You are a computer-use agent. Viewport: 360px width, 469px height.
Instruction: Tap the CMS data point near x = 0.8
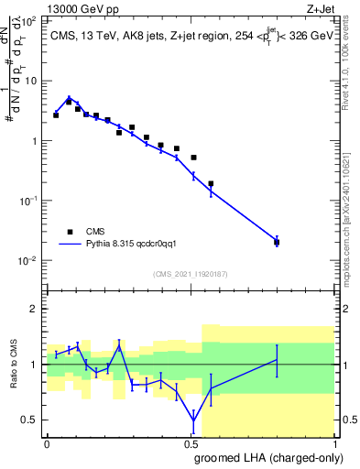(277, 242)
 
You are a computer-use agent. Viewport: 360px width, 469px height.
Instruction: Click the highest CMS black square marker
(70, 101)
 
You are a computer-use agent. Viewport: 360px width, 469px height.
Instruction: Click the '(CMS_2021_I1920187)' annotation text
(190, 274)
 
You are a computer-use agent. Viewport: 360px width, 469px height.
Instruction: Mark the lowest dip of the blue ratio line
(193, 420)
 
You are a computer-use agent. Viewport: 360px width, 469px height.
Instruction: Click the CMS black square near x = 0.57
(211, 183)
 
